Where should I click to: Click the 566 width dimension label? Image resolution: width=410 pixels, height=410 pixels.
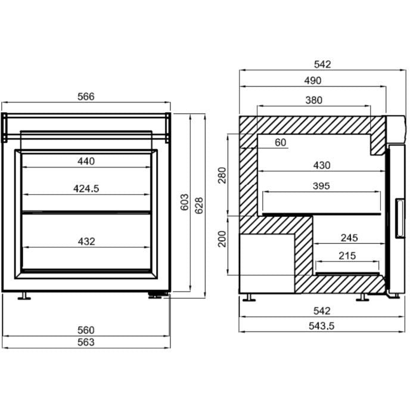(x=85, y=96)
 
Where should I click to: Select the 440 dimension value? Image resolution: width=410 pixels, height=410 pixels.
(x=86, y=161)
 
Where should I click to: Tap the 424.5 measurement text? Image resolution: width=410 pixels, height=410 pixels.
(x=86, y=188)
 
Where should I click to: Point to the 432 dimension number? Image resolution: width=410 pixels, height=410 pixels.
(x=86, y=241)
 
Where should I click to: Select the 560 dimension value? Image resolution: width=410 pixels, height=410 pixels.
(x=86, y=330)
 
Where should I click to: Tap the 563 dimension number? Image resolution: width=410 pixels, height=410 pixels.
(x=86, y=342)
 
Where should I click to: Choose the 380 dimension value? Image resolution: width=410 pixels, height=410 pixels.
(x=313, y=100)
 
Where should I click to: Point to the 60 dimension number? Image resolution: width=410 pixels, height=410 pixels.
(x=281, y=142)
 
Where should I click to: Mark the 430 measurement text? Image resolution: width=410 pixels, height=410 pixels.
(x=321, y=165)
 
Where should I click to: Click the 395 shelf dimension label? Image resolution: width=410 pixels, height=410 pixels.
(x=321, y=186)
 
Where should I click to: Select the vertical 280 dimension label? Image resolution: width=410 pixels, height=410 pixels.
(x=222, y=176)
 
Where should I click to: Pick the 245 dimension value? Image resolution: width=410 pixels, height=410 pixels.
(x=349, y=238)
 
